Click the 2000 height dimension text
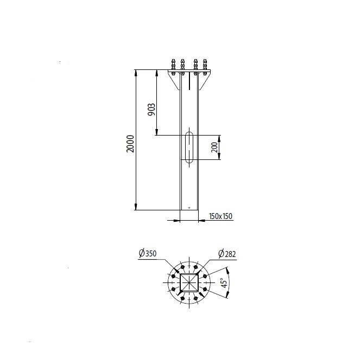tap(130, 144)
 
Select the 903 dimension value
tap(151, 110)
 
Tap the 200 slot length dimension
tap(214, 147)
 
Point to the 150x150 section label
tap(221, 216)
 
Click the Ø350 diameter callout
tap(148, 253)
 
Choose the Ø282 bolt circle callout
tap(227, 254)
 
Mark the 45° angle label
tap(224, 282)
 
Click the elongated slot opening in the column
tap(189, 147)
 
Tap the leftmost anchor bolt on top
tap(173, 67)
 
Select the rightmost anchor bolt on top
tap(205, 67)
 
